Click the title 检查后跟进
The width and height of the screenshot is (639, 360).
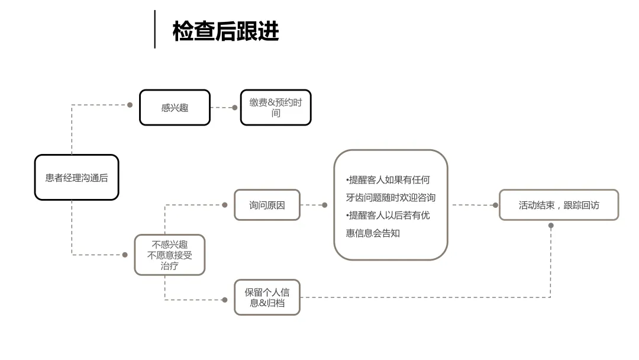225,31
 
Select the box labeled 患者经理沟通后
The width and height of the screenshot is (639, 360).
76,178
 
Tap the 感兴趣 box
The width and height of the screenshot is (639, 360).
175,108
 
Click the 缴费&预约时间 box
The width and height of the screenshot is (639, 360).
276,108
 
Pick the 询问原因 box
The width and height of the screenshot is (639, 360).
267,205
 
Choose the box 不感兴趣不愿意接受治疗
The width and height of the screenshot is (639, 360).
170,255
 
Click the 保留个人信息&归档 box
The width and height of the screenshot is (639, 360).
267,297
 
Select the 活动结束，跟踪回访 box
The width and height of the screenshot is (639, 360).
559,205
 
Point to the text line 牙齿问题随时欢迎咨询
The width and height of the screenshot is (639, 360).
391,198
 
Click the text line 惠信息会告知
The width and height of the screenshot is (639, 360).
373,233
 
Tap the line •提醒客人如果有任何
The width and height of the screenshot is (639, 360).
388,180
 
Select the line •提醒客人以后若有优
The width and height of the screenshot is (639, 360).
388,216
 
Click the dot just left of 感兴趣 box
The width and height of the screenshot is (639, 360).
130,105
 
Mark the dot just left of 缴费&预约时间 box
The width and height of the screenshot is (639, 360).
235,108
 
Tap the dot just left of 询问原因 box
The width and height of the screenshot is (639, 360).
225,205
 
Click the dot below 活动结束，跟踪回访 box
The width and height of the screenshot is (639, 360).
551,226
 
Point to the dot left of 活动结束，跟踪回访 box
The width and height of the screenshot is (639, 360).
496,205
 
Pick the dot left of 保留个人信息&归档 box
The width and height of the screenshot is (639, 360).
225,300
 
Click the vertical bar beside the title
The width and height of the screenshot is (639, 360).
155,30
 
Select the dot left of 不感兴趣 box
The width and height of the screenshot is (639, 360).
125,255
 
